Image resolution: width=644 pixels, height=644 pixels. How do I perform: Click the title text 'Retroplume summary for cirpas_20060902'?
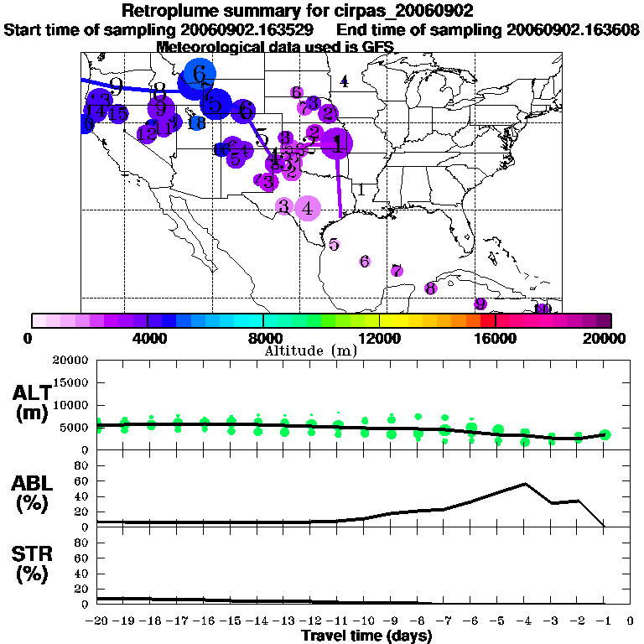[298, 11]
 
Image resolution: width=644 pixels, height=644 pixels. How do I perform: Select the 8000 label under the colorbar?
[262, 338]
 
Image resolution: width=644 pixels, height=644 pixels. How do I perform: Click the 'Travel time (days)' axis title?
[366, 636]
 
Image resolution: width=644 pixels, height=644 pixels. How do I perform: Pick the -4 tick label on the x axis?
[524, 621]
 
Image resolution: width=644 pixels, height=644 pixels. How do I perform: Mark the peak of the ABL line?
[525, 484]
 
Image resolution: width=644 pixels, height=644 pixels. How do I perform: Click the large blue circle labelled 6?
[199, 74]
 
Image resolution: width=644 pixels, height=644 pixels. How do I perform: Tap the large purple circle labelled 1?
[337, 144]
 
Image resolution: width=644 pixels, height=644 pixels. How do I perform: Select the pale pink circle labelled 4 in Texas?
[308, 207]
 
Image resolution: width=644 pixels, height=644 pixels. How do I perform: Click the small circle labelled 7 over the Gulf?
[397, 271]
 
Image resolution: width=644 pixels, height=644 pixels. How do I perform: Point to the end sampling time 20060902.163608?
[573, 29]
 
